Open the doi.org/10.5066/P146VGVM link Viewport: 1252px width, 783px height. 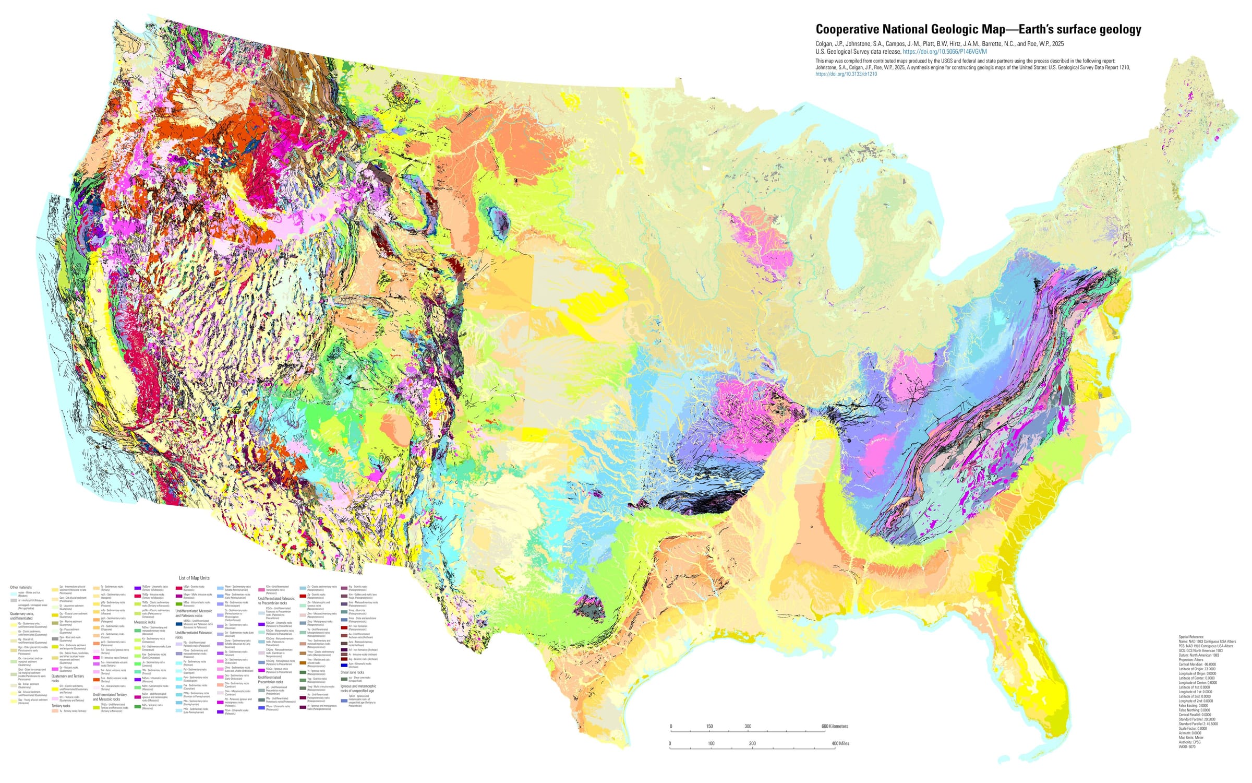click(x=945, y=52)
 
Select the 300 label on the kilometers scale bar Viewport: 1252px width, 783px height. click(x=748, y=726)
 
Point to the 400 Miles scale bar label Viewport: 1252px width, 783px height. click(x=840, y=743)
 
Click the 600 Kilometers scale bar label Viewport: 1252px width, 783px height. click(x=835, y=726)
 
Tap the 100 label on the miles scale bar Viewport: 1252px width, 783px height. click(x=711, y=743)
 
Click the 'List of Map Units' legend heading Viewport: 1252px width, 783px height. click(x=194, y=578)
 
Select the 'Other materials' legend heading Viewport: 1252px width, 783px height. click(x=21, y=587)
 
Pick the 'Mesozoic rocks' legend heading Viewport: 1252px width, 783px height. click(x=145, y=622)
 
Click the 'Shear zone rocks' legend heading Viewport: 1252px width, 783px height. click(x=352, y=672)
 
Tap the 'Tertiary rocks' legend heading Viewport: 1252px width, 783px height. click(x=61, y=706)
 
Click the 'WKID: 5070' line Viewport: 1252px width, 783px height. click(x=1187, y=746)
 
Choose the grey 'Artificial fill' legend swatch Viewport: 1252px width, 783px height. click(x=14, y=600)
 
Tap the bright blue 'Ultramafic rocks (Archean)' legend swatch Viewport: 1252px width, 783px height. click(x=344, y=665)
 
